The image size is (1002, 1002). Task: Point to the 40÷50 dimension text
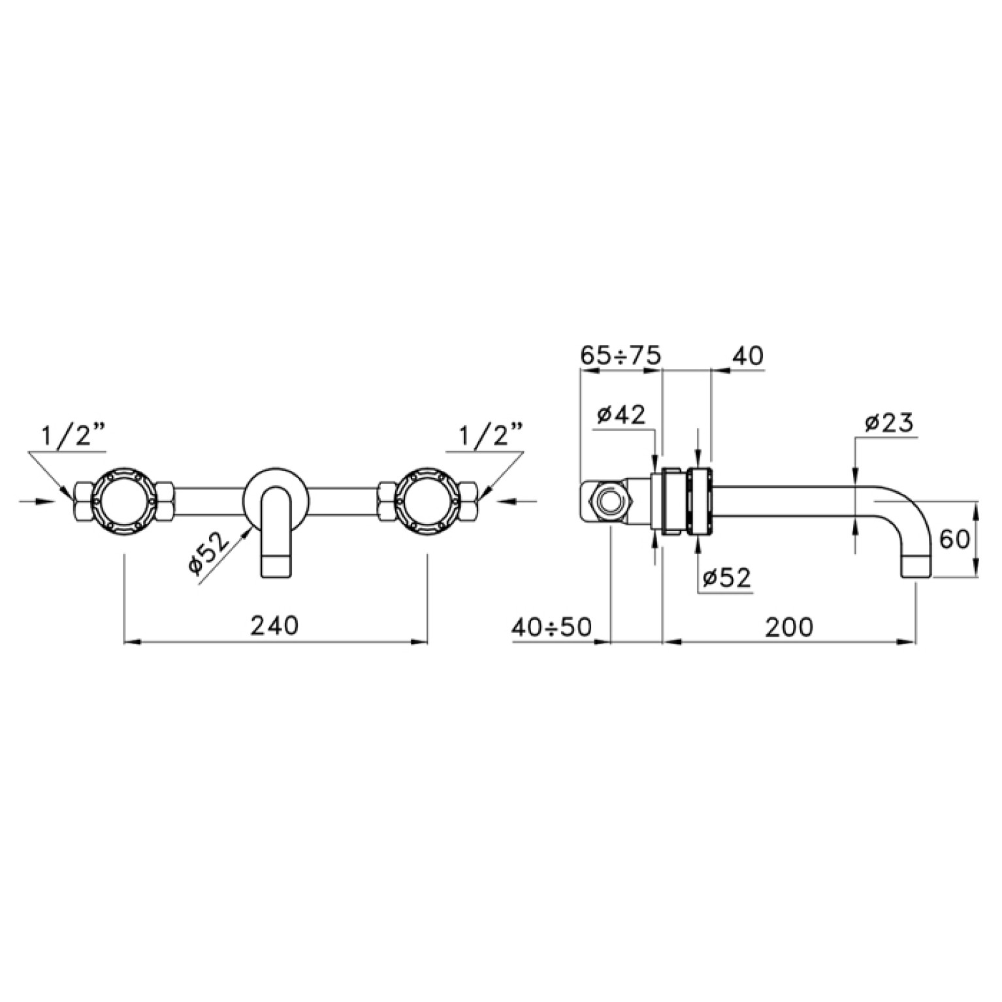tap(551, 627)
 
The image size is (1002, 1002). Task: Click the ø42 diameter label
tap(621, 413)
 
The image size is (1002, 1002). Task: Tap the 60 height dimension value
tap(954, 540)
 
